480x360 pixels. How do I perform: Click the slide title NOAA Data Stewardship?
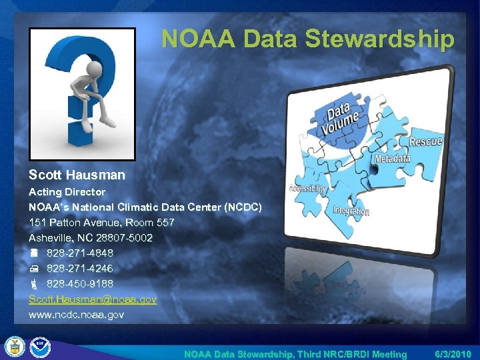click(x=307, y=39)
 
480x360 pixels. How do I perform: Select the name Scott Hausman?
click(x=77, y=175)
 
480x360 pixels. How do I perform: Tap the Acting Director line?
click(x=67, y=191)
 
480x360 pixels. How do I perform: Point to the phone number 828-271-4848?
click(x=79, y=253)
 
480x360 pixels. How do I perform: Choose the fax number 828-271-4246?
click(x=79, y=269)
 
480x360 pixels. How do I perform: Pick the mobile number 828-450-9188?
click(x=79, y=284)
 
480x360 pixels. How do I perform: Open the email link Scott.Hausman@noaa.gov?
click(x=93, y=299)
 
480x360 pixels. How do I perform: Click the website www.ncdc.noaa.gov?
click(x=76, y=314)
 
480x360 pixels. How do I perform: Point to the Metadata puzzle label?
click(x=392, y=159)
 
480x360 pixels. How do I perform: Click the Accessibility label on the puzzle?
click(x=307, y=189)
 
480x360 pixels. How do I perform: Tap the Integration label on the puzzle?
click(x=351, y=211)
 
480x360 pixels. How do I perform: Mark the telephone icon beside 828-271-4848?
click(x=35, y=253)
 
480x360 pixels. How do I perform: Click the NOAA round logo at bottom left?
click(x=41, y=347)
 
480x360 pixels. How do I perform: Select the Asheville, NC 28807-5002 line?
click(x=91, y=238)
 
